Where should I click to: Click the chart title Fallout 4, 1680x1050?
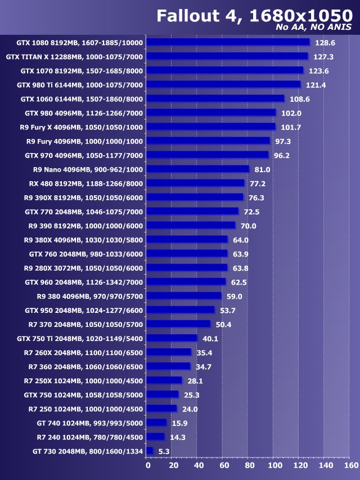(254, 15)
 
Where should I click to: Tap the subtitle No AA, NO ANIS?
(314, 27)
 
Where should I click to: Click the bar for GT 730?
(150, 451)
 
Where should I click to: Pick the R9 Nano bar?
(197, 169)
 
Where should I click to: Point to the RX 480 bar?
(195, 183)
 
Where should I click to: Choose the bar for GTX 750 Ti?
(172, 338)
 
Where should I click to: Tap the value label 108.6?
(300, 99)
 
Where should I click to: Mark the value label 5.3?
(164, 451)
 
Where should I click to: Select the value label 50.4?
(223, 324)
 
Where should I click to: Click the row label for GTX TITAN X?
(74, 57)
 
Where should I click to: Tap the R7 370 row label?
(85, 324)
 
